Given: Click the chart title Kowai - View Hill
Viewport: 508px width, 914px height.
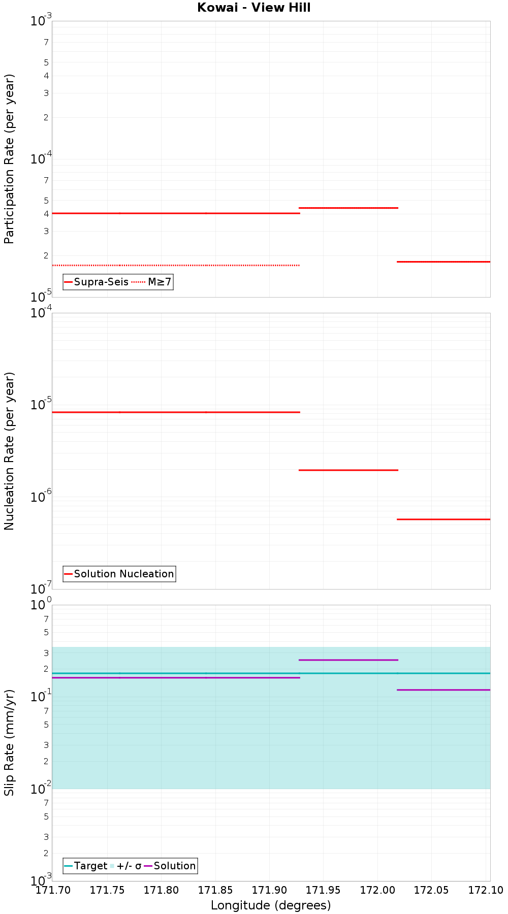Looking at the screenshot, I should pos(254,8).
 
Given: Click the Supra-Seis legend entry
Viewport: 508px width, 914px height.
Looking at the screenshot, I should pos(96,282).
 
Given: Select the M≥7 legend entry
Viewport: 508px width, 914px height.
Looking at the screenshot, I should pos(152,282).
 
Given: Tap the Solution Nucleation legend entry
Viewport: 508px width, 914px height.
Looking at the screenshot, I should pos(119,574).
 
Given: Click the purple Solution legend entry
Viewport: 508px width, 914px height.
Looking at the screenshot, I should pos(170,866).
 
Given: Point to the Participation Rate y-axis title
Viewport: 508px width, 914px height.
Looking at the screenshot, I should pos(9,159).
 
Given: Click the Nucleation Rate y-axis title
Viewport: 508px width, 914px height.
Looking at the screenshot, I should pos(9,451).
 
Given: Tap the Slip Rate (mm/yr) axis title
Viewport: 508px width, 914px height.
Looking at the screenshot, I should pos(9,742).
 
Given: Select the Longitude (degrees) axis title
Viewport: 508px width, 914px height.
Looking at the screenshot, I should pos(271,905).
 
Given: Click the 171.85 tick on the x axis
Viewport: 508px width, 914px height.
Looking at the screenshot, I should pos(215,890).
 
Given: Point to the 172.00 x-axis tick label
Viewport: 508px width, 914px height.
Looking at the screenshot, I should pos(377,890).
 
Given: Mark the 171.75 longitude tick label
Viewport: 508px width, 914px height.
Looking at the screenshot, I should pos(107,890).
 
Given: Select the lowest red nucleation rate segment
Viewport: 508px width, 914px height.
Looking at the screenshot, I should pos(443,519).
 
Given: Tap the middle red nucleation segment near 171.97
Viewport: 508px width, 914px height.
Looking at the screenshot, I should pos(348,470).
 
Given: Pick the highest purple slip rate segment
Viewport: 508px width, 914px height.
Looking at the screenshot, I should pos(348,660).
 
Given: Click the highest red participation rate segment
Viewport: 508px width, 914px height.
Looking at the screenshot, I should pos(348,208).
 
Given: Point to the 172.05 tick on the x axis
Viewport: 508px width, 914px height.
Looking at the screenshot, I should pos(431,890).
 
